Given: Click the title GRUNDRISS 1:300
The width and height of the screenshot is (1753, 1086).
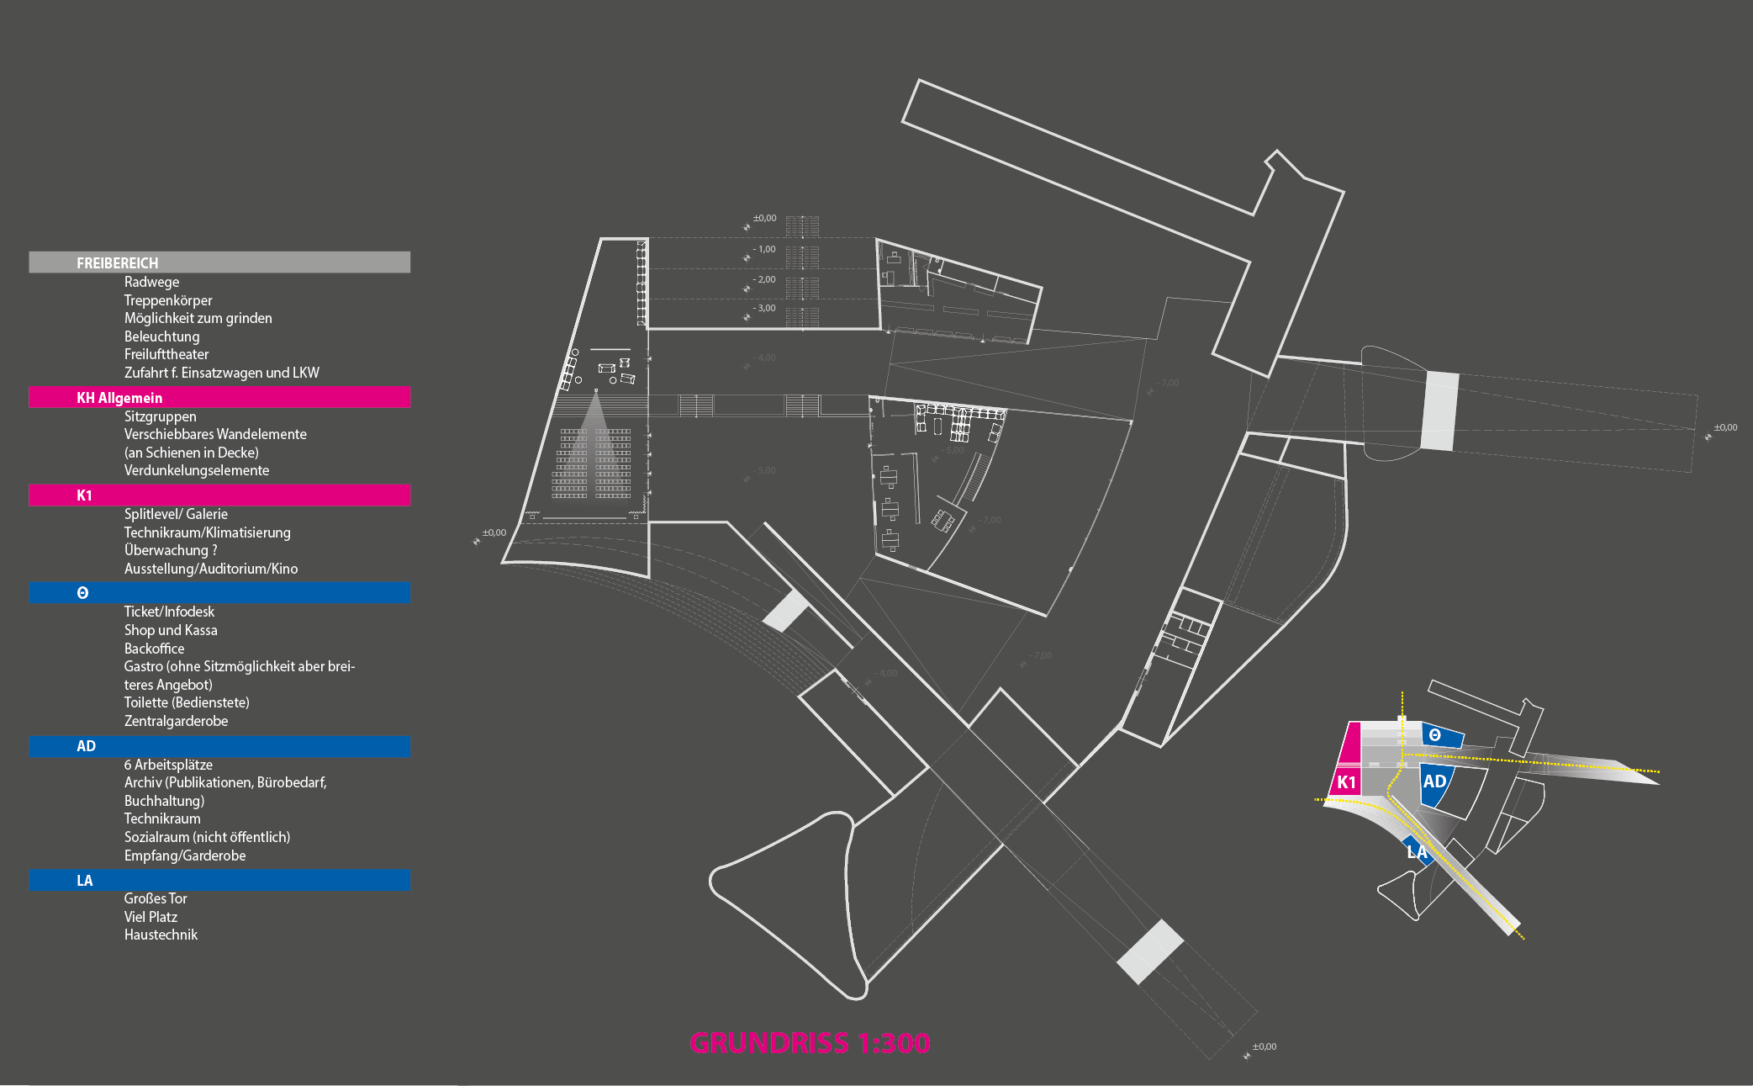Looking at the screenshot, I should point(810,1043).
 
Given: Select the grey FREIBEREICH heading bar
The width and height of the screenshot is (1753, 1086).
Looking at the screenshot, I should point(219,262).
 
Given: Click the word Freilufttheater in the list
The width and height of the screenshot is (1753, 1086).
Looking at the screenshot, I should point(166,354).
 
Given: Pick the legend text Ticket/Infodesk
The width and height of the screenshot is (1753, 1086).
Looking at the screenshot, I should point(169,612).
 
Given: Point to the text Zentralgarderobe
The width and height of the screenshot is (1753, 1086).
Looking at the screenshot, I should point(176,721).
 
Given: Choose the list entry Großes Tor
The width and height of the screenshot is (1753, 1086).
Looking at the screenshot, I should point(156,898).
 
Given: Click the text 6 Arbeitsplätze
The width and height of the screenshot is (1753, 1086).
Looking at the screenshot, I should point(168,765).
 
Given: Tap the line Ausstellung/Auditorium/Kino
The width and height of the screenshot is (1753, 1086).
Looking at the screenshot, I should point(211,569).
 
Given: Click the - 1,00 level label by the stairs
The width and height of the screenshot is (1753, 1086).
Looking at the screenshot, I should point(764,249).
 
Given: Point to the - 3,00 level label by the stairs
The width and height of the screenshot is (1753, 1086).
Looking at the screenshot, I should point(764,308).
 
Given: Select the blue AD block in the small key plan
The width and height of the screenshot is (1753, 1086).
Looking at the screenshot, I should point(1434,782).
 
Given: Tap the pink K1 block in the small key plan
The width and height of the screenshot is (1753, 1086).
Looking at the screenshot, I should point(1346,781).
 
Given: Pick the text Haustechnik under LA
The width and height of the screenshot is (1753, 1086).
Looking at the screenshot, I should point(161,935).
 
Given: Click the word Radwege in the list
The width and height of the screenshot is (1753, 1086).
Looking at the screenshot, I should point(151,282).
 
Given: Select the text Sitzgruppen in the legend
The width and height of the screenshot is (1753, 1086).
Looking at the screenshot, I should point(161,416).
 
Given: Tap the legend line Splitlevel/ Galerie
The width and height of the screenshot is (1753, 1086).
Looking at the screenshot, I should point(176,514).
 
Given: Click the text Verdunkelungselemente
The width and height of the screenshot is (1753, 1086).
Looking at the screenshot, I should point(197,470).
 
